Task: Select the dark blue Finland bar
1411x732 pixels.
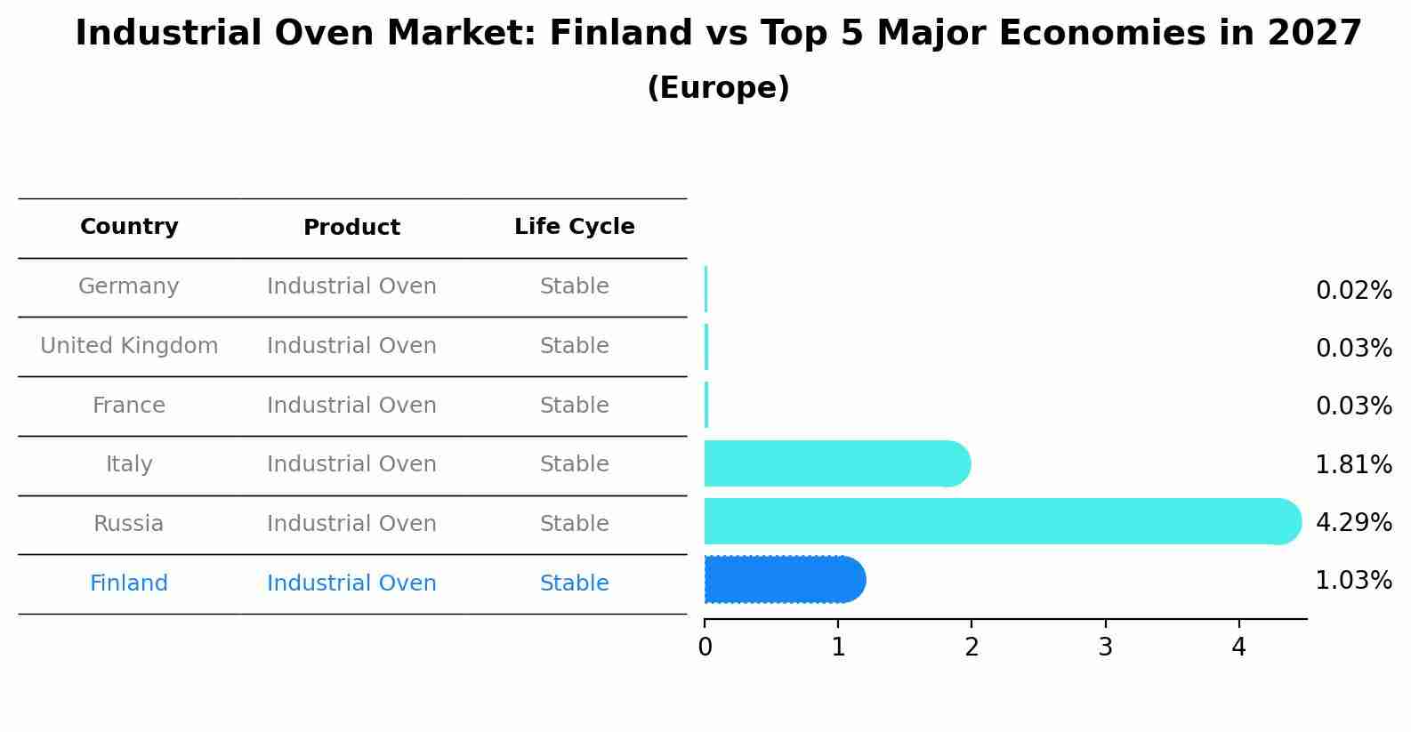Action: coord(783,580)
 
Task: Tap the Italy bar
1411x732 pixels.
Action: coord(836,463)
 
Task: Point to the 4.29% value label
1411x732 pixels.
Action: coord(1353,523)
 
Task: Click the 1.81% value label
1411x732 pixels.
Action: coord(1353,465)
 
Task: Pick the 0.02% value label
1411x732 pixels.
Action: coord(1353,291)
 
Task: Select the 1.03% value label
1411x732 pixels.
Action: coord(1353,581)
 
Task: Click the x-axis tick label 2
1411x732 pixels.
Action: coord(972,648)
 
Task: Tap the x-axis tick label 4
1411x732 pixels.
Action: coord(1238,648)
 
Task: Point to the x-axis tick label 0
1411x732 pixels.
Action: coord(705,648)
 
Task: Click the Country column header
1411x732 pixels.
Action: coord(129,227)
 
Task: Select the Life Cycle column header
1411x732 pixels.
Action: coord(574,227)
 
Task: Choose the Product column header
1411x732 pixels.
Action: coord(351,228)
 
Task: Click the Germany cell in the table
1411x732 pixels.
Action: coord(129,286)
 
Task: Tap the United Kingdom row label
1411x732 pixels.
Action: coord(129,346)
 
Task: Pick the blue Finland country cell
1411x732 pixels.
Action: coord(129,583)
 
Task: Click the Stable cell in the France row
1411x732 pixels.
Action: coord(574,406)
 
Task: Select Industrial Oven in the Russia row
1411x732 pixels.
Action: coord(351,524)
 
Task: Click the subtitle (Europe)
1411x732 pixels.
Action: coord(718,88)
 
